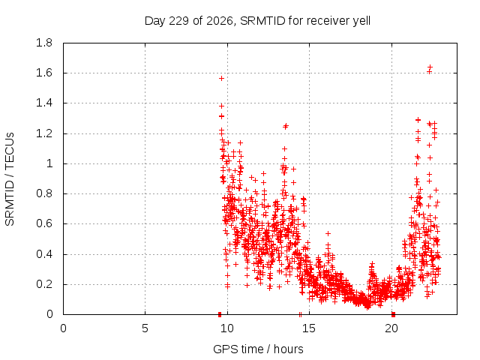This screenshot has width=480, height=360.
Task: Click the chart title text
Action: point(257,21)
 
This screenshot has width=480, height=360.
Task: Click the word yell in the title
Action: point(361,21)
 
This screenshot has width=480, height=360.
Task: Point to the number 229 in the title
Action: point(178,21)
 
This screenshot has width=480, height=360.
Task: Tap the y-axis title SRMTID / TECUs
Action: point(10,179)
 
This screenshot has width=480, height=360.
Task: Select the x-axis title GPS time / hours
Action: point(258,349)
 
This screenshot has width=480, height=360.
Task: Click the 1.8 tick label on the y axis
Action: point(44,43)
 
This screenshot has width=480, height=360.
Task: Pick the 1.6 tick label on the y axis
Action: point(44,73)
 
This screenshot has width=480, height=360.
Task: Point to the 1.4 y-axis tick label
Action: point(44,103)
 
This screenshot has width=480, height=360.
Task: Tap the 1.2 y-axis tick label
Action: point(44,133)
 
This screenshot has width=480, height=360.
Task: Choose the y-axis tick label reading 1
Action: point(49,163)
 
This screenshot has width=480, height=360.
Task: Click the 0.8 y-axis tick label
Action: point(44,193)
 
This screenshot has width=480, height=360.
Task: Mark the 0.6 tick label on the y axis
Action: point(44,223)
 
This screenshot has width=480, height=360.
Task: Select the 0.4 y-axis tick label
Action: point(44,254)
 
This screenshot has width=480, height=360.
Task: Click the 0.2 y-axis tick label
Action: point(44,284)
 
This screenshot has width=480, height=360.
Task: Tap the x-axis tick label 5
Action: point(145,328)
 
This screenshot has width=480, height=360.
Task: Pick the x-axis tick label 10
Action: point(227,328)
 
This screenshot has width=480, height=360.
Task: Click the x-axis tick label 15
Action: point(309,328)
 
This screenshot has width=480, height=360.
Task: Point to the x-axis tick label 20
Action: point(391,328)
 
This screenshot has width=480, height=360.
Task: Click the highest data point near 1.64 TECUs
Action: point(430,67)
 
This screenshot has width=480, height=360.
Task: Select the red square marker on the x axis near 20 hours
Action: point(393,314)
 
